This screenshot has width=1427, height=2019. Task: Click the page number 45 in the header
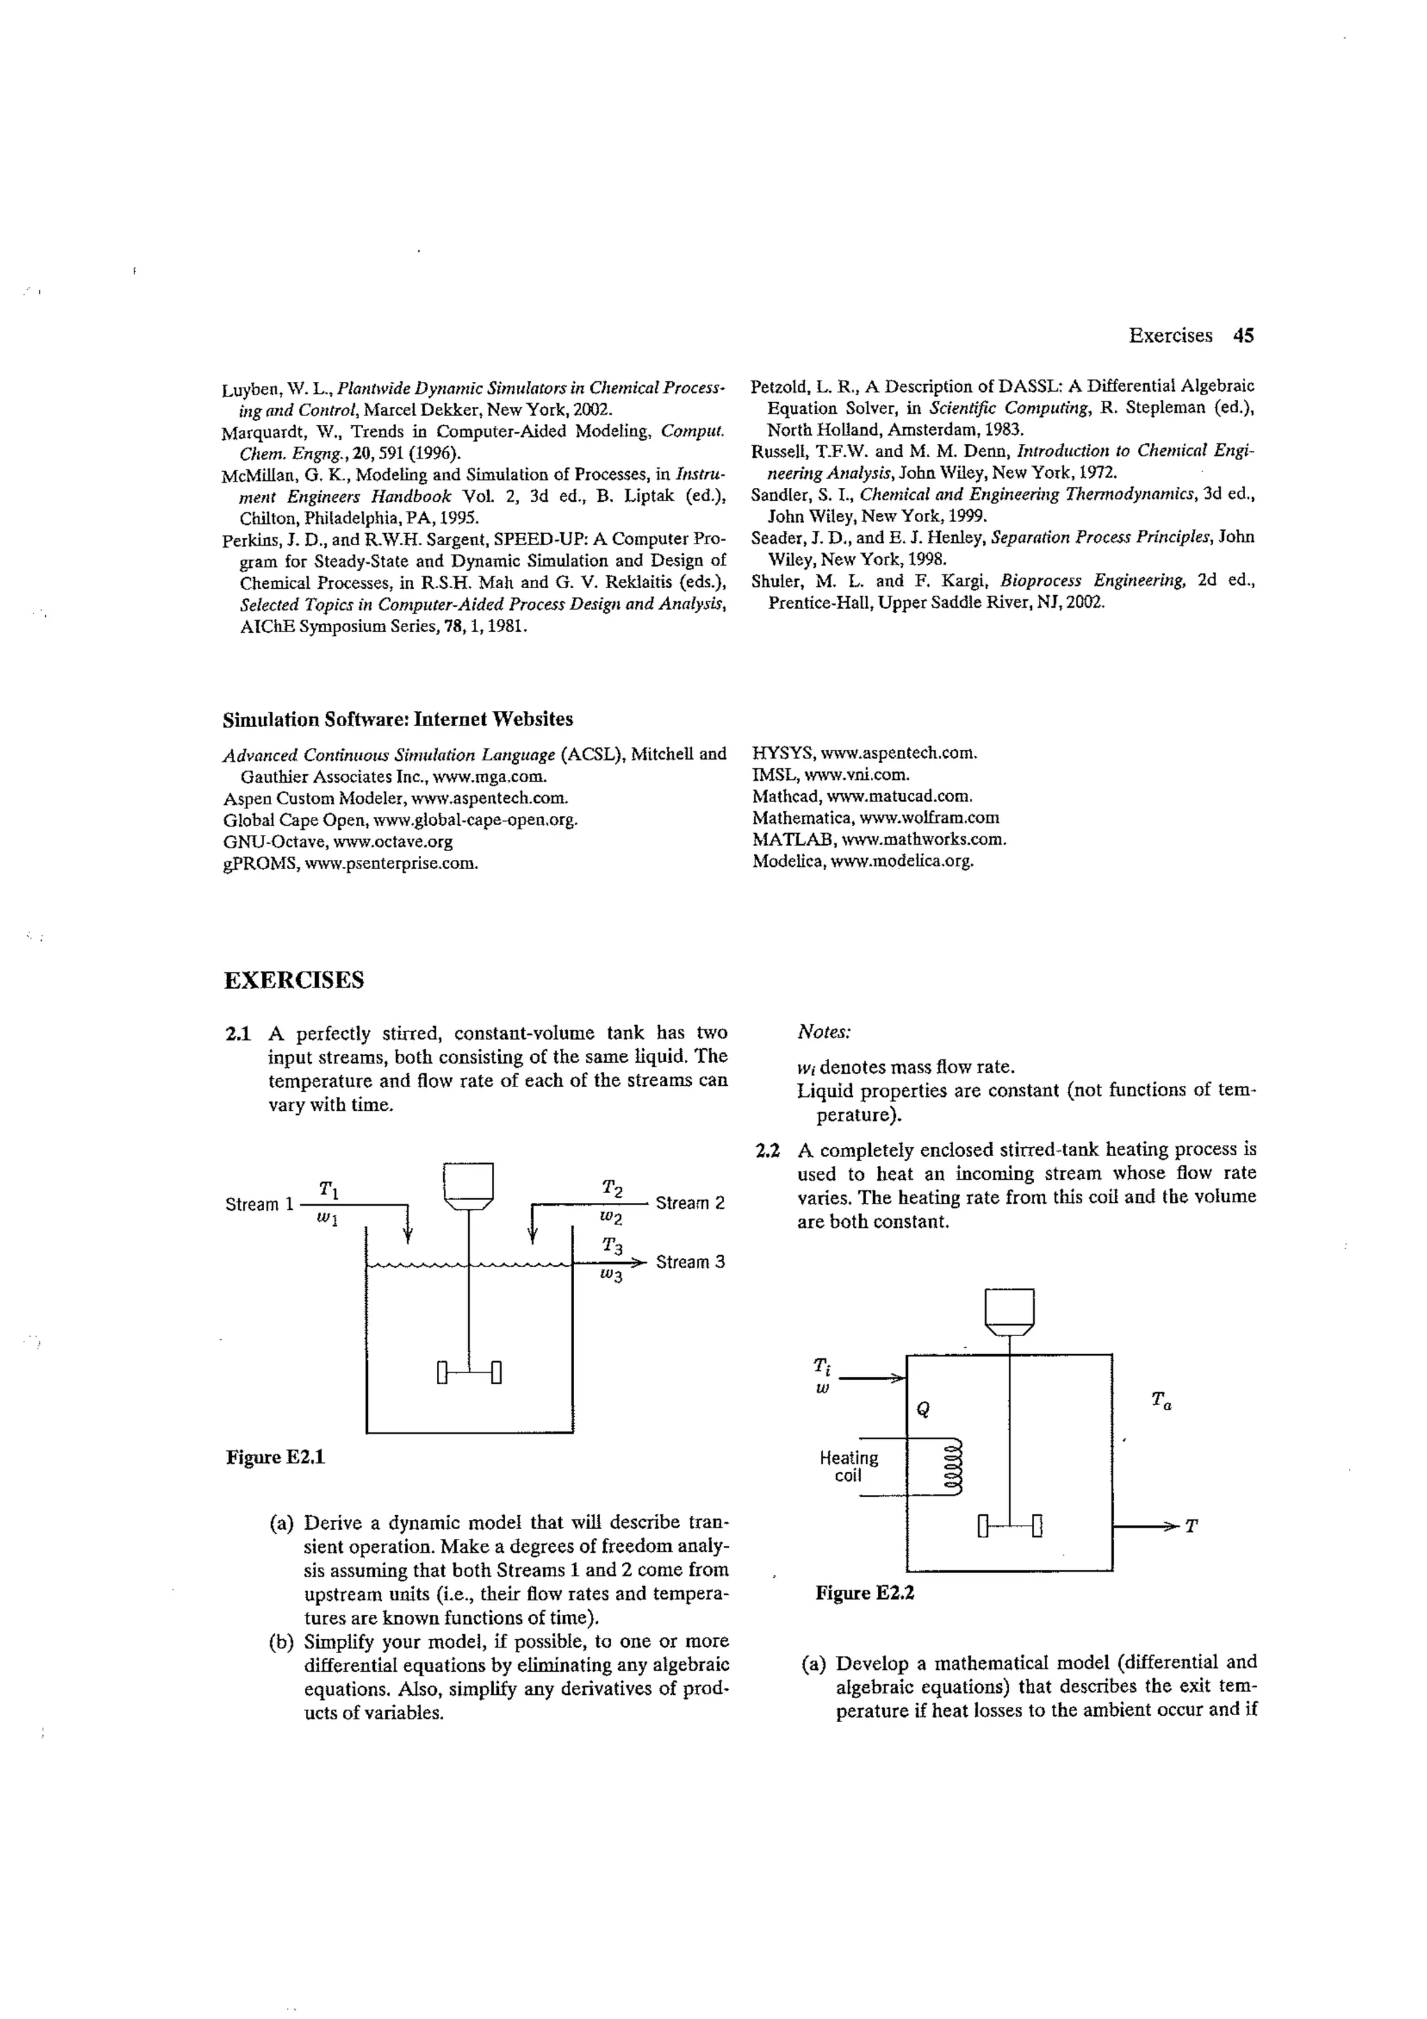pyautogui.click(x=1242, y=335)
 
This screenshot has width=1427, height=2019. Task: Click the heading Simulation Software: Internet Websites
pyautogui.click(x=397, y=719)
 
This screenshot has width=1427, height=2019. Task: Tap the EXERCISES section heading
pyautogui.click(x=293, y=981)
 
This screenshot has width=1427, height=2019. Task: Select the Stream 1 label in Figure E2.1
pyautogui.click(x=259, y=1204)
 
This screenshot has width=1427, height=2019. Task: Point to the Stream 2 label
pyautogui.click(x=691, y=1203)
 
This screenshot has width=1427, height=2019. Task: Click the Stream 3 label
pyautogui.click(x=691, y=1262)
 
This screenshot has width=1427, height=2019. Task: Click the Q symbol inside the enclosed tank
pyautogui.click(x=923, y=1408)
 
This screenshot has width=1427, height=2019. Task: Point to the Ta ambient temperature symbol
pyautogui.click(x=1161, y=1400)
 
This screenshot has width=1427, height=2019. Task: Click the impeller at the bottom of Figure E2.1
pyautogui.click(x=469, y=1372)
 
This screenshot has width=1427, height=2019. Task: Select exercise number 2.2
pyautogui.click(x=768, y=1150)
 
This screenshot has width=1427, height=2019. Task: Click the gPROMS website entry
pyautogui.click(x=350, y=863)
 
